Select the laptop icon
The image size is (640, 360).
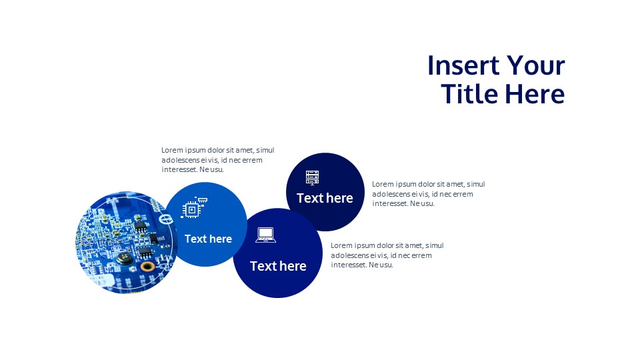coord(265,235)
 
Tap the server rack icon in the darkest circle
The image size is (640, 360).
coord(312,177)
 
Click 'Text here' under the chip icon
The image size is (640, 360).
coord(208,239)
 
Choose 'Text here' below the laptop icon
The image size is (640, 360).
coord(278,266)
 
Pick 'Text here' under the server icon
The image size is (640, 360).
coord(325,198)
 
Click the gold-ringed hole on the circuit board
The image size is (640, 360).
coord(148,266)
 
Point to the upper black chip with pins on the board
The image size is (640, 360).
coord(141,225)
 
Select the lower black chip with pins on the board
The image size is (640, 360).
coord(145,251)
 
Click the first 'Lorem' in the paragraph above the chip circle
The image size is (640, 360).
coord(172,151)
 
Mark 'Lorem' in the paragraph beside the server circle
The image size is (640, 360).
coord(383,185)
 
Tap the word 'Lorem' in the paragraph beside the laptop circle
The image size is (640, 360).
coord(341,246)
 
